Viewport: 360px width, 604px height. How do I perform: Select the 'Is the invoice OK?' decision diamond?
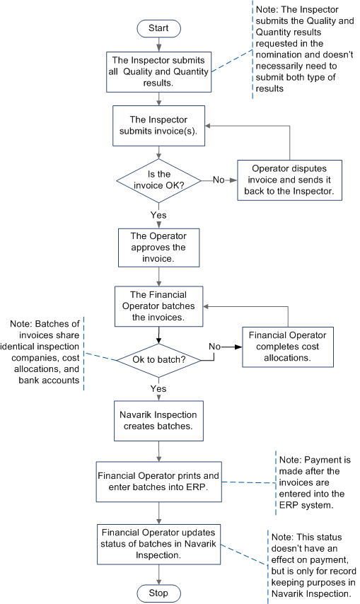pyautogui.click(x=159, y=180)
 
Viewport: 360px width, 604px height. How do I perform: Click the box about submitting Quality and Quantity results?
pyautogui.click(x=159, y=71)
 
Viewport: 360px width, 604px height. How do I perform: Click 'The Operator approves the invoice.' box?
pyautogui.click(x=159, y=247)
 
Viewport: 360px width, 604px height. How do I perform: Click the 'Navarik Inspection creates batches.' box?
pyautogui.click(x=159, y=419)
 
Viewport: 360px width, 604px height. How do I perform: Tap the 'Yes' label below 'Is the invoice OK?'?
pyautogui.click(x=159, y=214)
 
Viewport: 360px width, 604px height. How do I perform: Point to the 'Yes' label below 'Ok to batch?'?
pyautogui.click(x=159, y=388)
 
